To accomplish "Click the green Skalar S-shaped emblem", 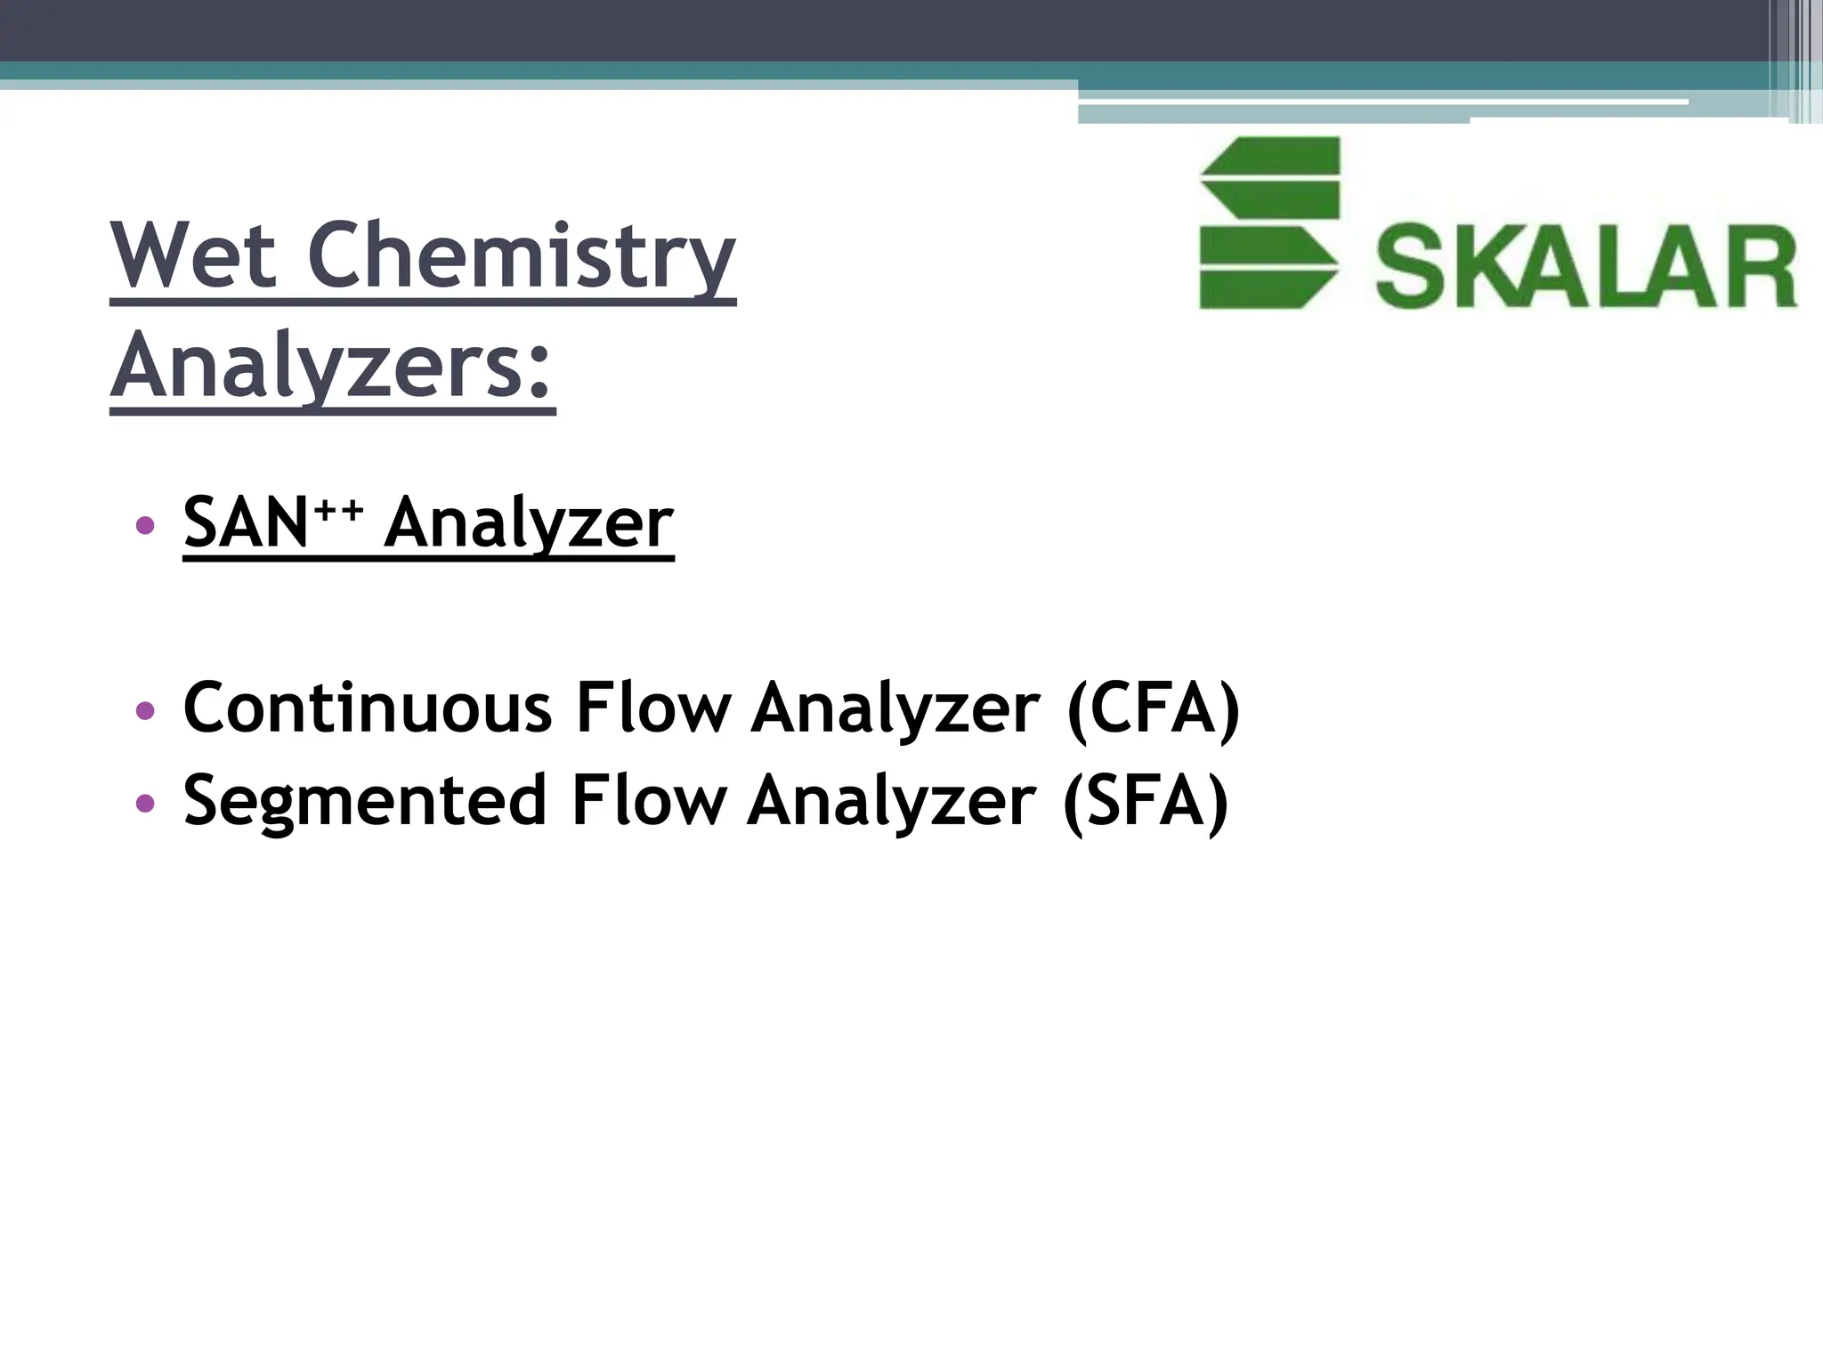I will [1269, 222].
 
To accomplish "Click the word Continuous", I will [368, 708].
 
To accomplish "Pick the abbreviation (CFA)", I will [1153, 708].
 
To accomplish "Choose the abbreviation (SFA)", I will [1146, 800].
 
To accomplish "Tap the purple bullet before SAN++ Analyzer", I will [145, 525].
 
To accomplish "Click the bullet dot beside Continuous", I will [145, 711].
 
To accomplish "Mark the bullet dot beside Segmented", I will [145, 803].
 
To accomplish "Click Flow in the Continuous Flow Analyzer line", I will [652, 708].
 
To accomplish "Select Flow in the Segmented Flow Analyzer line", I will [648, 800].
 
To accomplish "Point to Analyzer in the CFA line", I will [895, 708].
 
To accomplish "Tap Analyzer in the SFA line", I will [891, 800].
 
